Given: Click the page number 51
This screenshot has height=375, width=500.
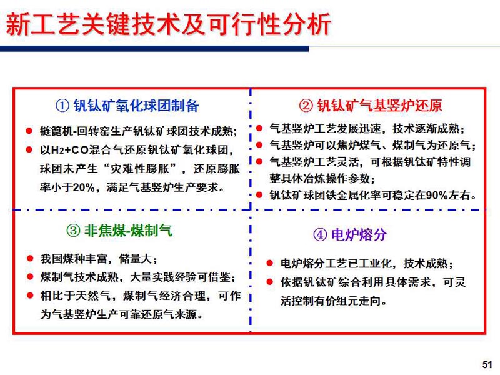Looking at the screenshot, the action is click(x=487, y=364).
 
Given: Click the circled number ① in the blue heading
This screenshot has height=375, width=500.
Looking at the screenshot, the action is click(x=62, y=106).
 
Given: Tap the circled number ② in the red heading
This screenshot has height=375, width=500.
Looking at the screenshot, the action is click(x=306, y=106).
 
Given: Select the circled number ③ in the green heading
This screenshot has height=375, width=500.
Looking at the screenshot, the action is click(x=73, y=231).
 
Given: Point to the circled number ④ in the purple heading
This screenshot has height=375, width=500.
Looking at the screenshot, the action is click(x=320, y=235).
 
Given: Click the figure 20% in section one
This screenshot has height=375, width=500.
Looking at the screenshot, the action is click(x=84, y=187).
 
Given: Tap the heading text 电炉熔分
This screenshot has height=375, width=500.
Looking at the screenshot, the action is click(x=359, y=235).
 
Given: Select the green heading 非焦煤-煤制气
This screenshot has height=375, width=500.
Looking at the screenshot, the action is click(x=128, y=231).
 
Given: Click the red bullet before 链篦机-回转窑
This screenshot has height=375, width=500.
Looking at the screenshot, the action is click(x=29, y=131).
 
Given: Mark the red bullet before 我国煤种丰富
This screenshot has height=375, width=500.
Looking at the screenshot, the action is click(x=30, y=258).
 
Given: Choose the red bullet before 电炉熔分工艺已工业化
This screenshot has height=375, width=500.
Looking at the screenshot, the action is click(x=270, y=263).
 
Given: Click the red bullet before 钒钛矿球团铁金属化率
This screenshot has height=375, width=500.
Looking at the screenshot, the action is click(x=259, y=194).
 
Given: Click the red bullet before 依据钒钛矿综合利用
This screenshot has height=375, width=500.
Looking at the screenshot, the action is click(x=270, y=282).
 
